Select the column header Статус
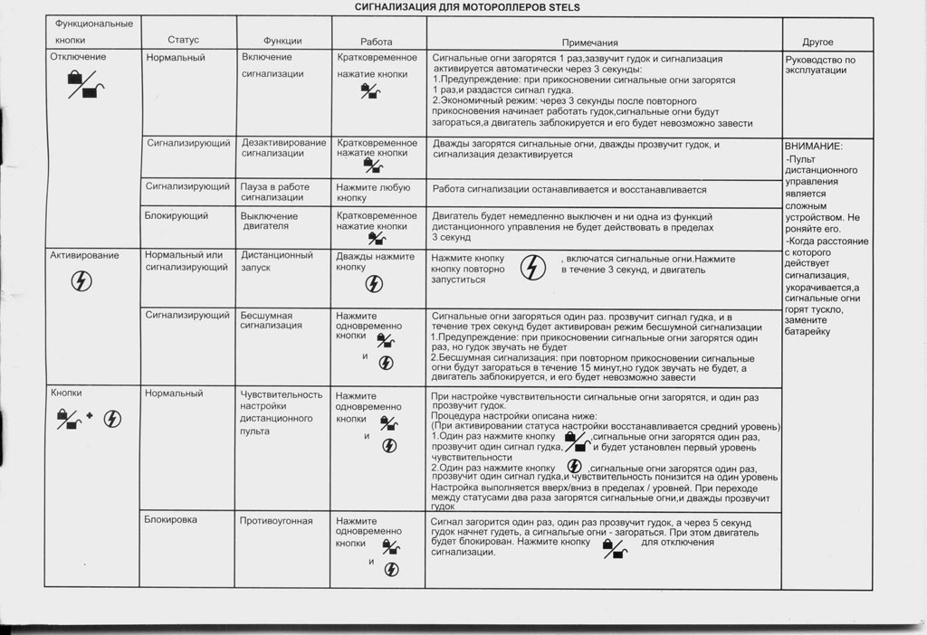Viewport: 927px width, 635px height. [183, 41]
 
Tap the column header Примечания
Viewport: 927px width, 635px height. [589, 43]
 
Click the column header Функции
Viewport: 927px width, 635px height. [282, 42]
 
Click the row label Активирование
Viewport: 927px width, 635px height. [84, 255]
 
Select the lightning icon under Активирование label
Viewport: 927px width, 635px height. [80, 279]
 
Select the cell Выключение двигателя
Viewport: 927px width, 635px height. [270, 222]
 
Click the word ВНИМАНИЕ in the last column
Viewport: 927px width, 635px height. [814, 146]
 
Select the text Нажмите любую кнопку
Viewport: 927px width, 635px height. [374, 192]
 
